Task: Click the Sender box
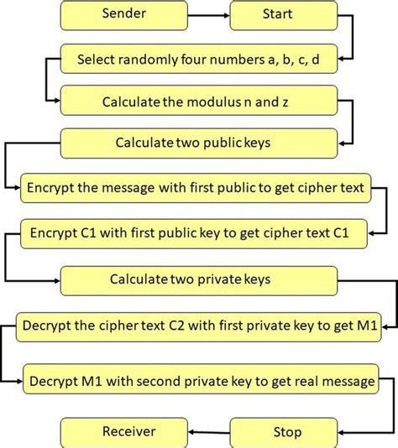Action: pyautogui.click(x=123, y=14)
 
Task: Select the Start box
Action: pyautogui.click(x=277, y=14)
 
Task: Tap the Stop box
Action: pyautogui.click(x=287, y=432)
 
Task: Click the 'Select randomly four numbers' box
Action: pyautogui.click(x=197, y=60)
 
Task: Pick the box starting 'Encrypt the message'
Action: pyautogui.click(x=195, y=187)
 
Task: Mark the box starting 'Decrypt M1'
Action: pyautogui.click(x=202, y=382)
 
